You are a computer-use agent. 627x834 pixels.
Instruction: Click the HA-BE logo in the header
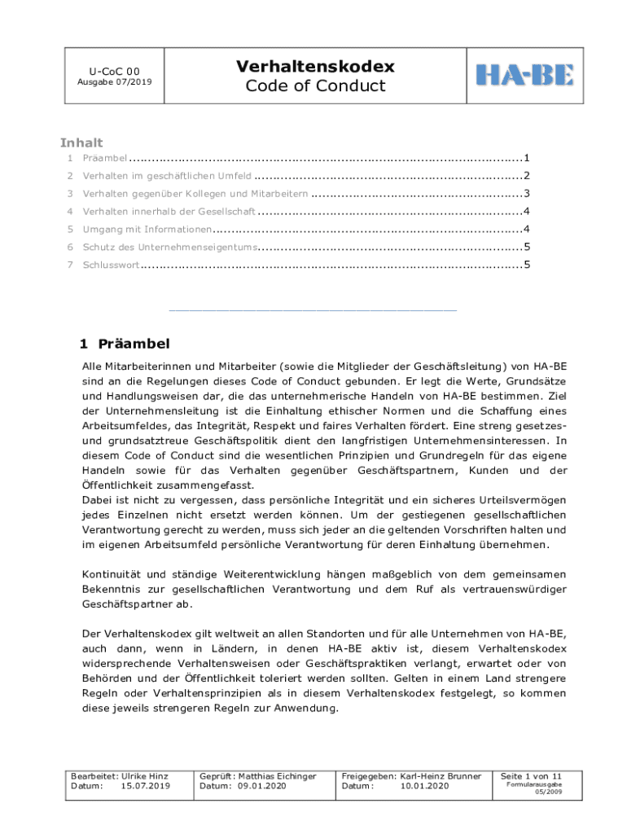click(524, 75)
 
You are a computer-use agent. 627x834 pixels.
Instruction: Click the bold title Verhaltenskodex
click(315, 66)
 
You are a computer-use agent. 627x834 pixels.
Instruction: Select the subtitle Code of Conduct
click(315, 86)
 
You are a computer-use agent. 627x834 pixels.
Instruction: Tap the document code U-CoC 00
click(114, 71)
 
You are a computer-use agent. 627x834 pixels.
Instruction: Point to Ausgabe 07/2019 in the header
click(114, 82)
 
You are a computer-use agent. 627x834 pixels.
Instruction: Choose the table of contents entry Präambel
click(104, 158)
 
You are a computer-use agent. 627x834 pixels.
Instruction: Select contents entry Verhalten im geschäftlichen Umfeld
click(167, 176)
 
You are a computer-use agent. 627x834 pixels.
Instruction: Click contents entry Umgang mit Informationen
click(147, 229)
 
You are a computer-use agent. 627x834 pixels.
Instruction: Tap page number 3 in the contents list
click(528, 194)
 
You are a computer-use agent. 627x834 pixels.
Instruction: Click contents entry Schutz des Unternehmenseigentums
click(170, 247)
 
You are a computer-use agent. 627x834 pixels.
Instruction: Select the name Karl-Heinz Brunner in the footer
click(440, 776)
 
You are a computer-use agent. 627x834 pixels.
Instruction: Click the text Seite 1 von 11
click(531, 776)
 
